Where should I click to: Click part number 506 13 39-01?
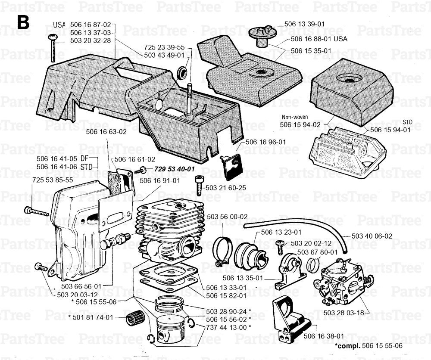[305, 24]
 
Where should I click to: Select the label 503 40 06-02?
[372, 236]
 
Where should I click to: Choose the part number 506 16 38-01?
[324, 336]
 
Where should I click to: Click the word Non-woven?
[294, 117]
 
